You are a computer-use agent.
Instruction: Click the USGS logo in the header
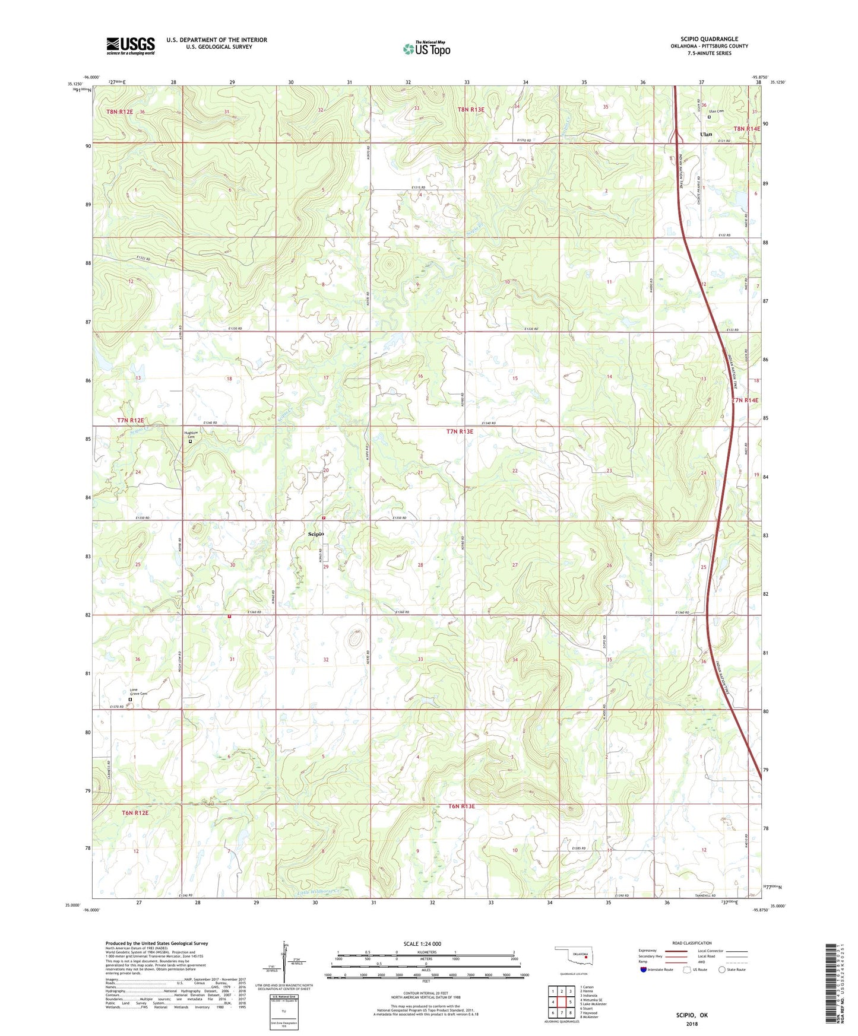tap(131, 46)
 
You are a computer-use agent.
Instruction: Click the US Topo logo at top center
tap(426, 49)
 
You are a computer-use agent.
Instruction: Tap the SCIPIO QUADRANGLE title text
tap(709, 39)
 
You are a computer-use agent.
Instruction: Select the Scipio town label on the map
tap(316, 534)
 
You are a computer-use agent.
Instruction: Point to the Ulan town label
tap(705, 135)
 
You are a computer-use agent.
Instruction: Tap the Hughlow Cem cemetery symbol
tap(190, 441)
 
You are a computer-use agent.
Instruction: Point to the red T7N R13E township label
tap(460, 431)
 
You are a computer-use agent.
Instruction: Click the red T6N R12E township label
tap(135, 812)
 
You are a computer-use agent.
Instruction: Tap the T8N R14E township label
tap(746, 129)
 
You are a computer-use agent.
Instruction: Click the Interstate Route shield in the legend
tap(644, 970)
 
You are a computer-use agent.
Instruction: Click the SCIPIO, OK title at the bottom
tap(692, 1015)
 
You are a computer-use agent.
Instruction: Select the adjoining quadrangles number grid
tap(561, 1002)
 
